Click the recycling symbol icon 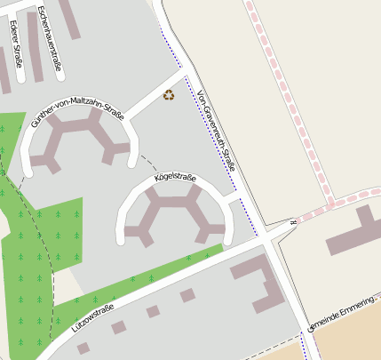tap(169, 94)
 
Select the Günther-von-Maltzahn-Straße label tap(76, 115)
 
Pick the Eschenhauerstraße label tap(50, 36)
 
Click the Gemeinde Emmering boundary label tap(342, 315)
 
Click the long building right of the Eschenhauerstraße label tap(70, 18)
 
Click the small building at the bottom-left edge tap(83, 348)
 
